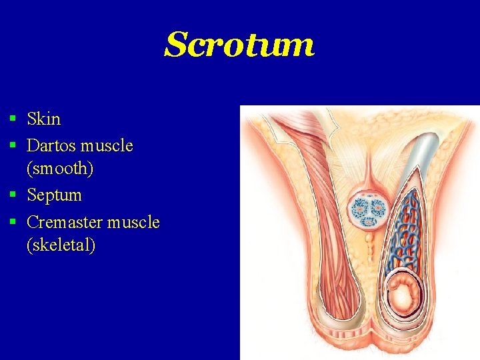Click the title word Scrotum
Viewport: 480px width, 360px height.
point(239,45)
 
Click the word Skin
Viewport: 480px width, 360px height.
point(43,119)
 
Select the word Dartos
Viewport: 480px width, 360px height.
point(51,145)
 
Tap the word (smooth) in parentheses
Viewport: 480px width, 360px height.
point(60,169)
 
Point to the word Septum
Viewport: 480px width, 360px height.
point(54,195)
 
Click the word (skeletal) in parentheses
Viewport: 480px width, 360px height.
point(61,245)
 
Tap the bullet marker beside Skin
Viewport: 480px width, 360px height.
point(13,119)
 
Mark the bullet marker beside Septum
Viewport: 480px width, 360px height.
point(13,195)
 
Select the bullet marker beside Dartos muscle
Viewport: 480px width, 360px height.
point(13,145)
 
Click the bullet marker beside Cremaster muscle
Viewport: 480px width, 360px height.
point(13,221)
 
